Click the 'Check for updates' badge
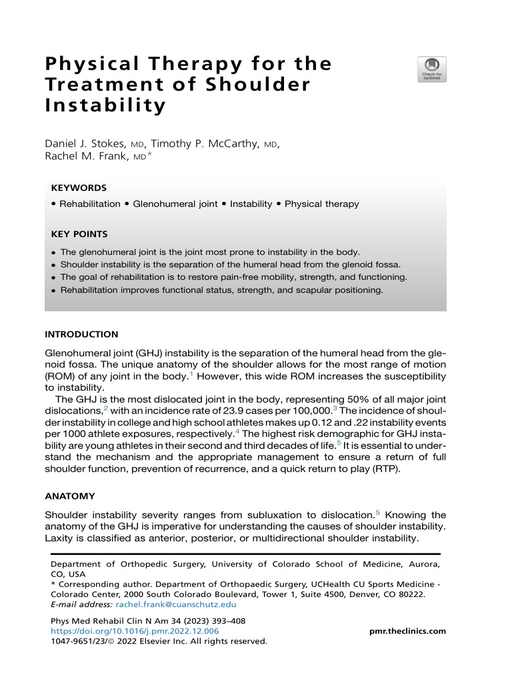click(x=431, y=69)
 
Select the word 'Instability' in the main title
click(x=105, y=106)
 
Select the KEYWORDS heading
click(x=79, y=189)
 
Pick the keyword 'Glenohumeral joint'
click(x=175, y=204)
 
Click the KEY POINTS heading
click(x=79, y=234)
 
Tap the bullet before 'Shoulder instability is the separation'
click(x=53, y=265)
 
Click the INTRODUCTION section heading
click(x=81, y=334)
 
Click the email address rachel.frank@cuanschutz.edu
click(x=176, y=604)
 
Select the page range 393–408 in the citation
click(x=225, y=621)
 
